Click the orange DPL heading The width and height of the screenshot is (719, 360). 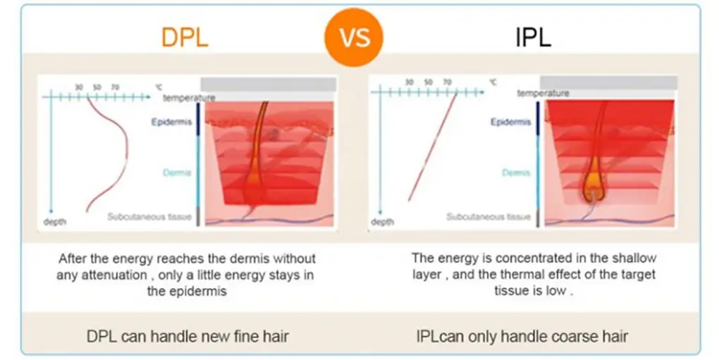tap(185, 36)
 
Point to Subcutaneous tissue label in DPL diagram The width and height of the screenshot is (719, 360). tap(149, 217)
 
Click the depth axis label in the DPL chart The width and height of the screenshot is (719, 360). tap(54, 222)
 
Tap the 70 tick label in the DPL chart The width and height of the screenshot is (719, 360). tap(115, 87)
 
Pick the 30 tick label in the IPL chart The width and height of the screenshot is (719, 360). tap(409, 82)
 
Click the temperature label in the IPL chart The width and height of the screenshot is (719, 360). tap(543, 93)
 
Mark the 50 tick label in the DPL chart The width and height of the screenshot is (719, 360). tap(97, 87)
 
